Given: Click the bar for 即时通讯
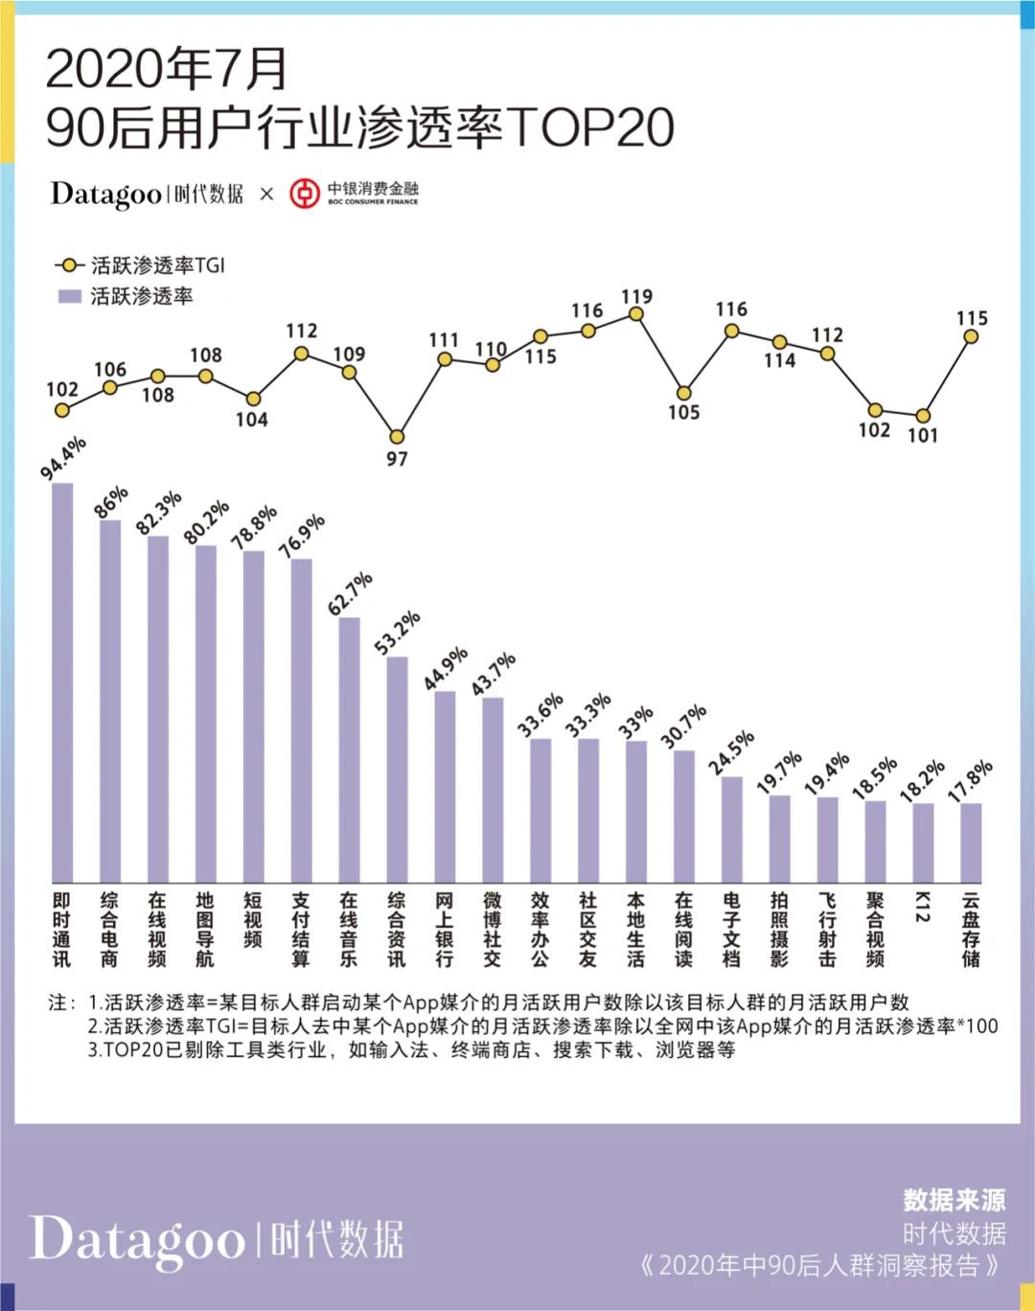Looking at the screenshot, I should (x=62, y=682).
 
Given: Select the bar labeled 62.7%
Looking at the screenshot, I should (x=350, y=749).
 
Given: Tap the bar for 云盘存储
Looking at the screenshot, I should (x=971, y=842).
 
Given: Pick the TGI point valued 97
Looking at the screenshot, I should (x=397, y=437).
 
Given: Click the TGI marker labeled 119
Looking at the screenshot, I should (x=635, y=314).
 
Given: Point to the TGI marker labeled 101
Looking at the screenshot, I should (x=923, y=416).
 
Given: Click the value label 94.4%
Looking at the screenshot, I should (x=64, y=457).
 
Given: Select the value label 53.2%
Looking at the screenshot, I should (x=398, y=632).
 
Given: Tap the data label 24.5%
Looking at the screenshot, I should (x=732, y=752).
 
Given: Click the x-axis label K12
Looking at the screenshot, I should (x=923, y=907).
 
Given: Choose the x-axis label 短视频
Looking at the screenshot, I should (x=253, y=920).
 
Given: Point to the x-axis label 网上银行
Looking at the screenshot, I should (x=445, y=930).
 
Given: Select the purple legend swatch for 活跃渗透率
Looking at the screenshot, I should (x=69, y=296).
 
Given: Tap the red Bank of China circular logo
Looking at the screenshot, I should (x=305, y=193).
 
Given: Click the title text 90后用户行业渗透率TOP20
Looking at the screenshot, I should (x=359, y=127).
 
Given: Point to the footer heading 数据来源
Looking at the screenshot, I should (x=954, y=1200).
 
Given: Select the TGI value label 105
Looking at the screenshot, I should (x=683, y=413).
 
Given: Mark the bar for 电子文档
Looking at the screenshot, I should (x=731, y=829).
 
